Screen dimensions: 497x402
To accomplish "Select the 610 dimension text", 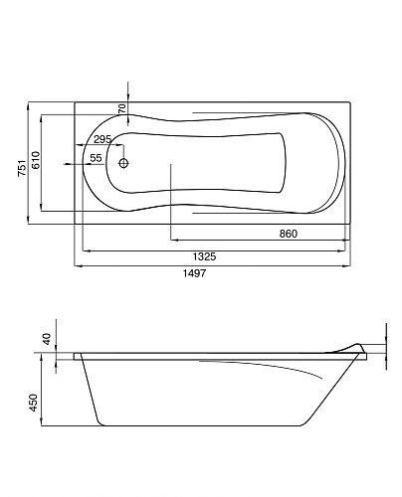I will [36, 161].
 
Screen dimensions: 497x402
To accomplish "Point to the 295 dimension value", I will [102, 140].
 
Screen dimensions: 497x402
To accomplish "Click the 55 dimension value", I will [97, 159].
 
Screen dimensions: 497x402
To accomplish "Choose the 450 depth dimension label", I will [33, 403].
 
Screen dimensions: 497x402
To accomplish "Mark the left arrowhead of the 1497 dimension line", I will [78, 265].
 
